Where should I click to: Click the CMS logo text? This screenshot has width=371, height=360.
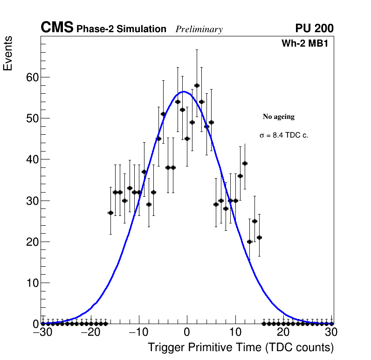(57, 28)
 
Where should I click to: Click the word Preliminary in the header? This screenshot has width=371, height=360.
(199, 29)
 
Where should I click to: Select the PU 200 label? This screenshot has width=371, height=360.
(314, 28)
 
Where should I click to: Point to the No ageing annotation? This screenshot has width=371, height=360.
(279, 117)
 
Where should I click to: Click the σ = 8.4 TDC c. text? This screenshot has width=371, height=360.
(284, 135)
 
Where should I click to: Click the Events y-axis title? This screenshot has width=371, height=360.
(8, 54)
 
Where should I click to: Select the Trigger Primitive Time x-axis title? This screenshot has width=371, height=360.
(240, 347)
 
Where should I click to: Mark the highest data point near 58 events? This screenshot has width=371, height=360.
(197, 85)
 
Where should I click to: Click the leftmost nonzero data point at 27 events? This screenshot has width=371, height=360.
(110, 213)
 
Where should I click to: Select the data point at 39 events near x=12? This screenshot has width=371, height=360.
(245, 163)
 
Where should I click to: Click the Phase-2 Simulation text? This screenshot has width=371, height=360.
(121, 29)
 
